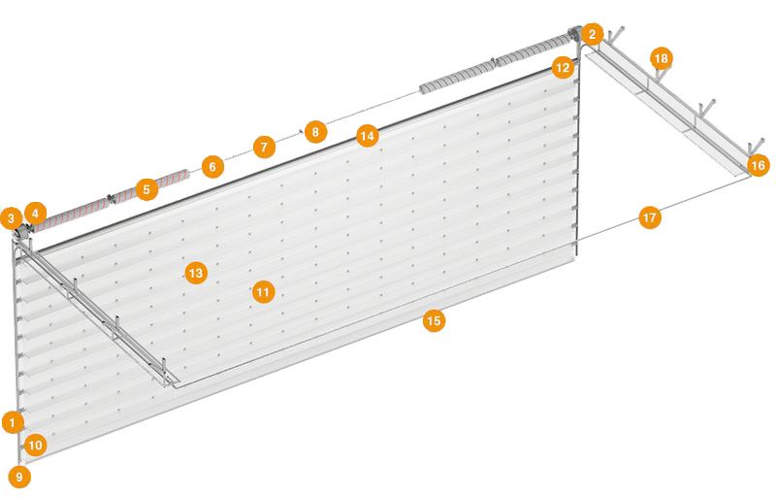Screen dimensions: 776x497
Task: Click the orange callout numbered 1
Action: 13,423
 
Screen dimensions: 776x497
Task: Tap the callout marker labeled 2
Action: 592,35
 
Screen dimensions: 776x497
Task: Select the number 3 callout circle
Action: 12,217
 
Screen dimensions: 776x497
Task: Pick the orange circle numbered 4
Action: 35,214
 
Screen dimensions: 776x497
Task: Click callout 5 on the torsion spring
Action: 146,189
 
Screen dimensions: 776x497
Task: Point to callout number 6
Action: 212,166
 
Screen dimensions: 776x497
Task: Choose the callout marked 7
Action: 264,147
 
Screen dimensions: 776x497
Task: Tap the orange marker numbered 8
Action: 315,132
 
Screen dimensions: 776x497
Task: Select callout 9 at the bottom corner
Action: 19,478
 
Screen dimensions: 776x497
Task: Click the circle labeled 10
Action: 35,445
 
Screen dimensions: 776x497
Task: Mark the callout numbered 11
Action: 263,292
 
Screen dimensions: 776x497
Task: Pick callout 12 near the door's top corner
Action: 563,67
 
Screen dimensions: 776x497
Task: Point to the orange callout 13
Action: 196,273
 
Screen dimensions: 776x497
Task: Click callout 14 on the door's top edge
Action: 368,136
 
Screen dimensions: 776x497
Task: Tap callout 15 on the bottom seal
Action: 434,320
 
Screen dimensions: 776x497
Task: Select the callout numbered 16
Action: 758,165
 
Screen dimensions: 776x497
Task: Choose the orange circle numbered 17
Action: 649,217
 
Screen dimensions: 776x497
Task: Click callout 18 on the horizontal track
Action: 662,58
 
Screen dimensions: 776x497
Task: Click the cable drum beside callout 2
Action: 574,36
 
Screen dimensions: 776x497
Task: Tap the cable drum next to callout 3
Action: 22,233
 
